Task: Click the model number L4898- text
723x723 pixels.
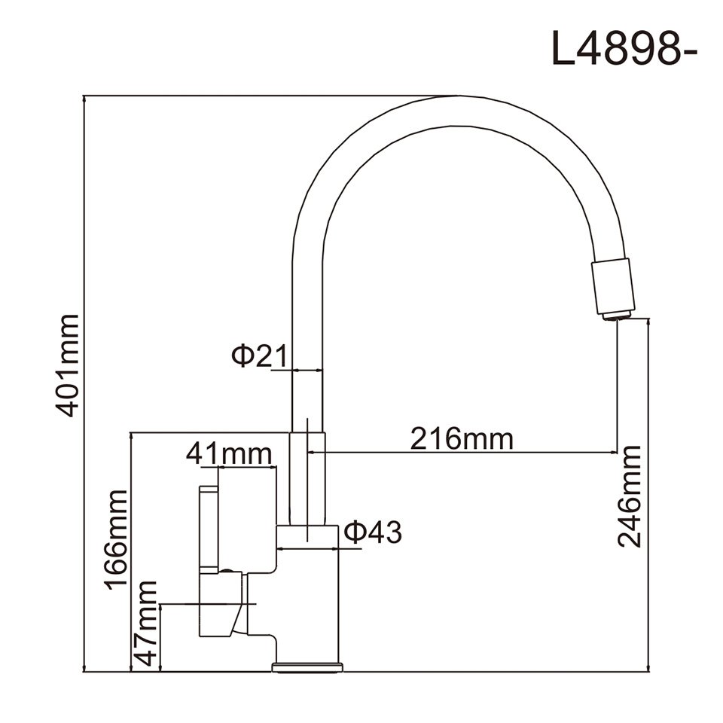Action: coord(625,49)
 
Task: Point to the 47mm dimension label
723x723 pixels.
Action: coord(147,624)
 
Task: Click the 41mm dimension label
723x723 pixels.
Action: coord(229,454)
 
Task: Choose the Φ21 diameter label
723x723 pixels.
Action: coord(252,355)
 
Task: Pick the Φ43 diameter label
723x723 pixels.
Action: coord(373,532)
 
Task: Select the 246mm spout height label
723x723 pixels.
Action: coord(630,496)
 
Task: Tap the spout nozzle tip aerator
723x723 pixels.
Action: coord(616,315)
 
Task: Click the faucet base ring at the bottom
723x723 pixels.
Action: coord(307,667)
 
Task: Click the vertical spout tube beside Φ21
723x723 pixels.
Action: coord(307,377)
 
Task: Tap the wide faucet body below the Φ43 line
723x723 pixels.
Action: coord(309,602)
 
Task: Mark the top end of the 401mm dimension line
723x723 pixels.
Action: coord(84,97)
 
